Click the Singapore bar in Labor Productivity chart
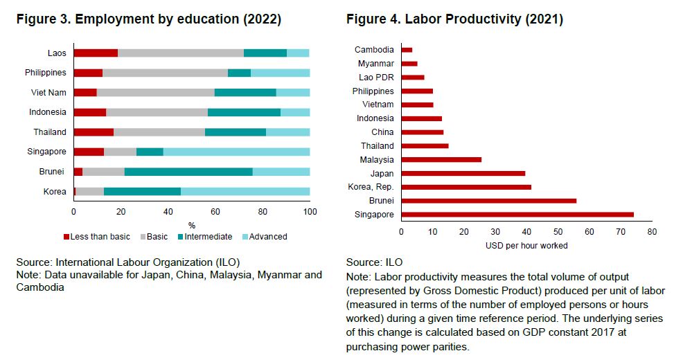point(517,214)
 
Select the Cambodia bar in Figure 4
point(407,50)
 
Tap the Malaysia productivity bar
point(441,159)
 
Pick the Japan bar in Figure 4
point(463,173)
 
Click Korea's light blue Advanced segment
point(245,192)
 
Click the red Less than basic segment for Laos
point(96,53)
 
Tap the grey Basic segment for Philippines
point(165,73)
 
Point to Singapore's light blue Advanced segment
point(236,152)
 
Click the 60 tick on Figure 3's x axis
point(215,211)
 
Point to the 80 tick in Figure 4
point(651,232)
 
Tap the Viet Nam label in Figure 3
point(48,92)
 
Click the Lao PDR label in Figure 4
point(376,78)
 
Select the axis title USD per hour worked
point(526,246)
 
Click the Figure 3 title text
point(149,19)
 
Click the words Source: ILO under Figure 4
point(374,262)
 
